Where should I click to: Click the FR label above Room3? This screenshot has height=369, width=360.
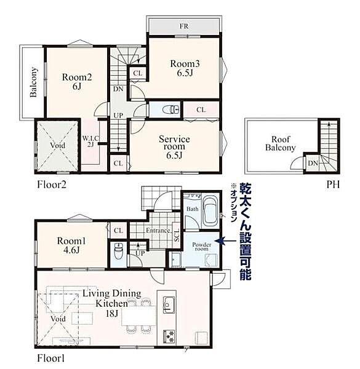point(184,26)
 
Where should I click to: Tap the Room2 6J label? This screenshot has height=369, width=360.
point(77,82)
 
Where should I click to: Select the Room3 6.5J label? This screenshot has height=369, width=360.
point(185,68)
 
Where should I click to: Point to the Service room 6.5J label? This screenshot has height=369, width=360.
point(174,147)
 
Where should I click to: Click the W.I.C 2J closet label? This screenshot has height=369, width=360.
point(90,141)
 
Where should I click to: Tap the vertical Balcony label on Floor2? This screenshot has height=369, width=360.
point(34,82)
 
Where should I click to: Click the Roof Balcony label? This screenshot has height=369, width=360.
point(281,143)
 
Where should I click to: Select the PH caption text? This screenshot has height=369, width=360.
point(333,184)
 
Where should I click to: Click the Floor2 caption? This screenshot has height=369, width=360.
point(52,184)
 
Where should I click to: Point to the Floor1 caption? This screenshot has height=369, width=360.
point(50,359)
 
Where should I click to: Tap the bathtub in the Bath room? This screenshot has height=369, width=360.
point(210,211)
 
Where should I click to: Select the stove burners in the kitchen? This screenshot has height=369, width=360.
point(169,336)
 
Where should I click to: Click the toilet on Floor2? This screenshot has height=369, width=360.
point(171,109)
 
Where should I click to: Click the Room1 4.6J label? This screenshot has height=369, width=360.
point(71,245)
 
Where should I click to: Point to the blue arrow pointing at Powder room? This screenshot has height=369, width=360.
point(225,240)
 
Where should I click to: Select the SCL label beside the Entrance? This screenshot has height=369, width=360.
point(177,235)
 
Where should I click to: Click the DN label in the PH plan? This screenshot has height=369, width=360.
point(313,163)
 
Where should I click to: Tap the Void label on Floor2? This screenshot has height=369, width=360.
point(58,145)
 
